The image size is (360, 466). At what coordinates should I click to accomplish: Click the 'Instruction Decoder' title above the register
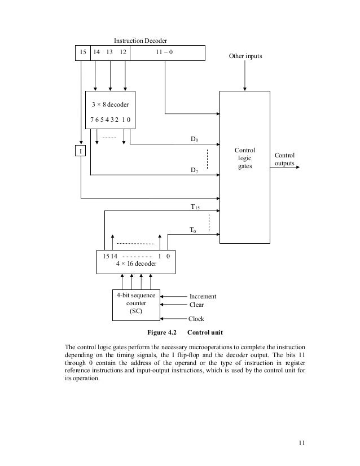[x=141, y=41]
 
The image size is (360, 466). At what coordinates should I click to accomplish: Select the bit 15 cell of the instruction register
[x=83, y=52]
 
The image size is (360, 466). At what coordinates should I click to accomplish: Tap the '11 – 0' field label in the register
[x=164, y=52]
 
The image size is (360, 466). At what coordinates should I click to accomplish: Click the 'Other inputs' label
[x=245, y=57]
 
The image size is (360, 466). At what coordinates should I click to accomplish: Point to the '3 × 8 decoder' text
[x=110, y=104]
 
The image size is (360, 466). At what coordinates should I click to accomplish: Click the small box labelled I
[x=81, y=151]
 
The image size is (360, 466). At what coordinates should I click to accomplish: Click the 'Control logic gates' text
[x=245, y=159]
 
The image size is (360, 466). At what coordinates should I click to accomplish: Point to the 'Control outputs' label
[x=284, y=160]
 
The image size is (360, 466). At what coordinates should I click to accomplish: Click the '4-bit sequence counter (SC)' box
[x=136, y=304]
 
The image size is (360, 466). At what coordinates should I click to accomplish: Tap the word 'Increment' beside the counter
[x=203, y=296]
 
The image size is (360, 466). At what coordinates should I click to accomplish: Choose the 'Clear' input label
[x=197, y=305]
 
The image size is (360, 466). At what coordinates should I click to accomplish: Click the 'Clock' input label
[x=196, y=319]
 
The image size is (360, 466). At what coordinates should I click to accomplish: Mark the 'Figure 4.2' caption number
[x=163, y=332]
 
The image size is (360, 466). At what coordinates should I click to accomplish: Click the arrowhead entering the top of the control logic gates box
[x=245, y=88]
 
